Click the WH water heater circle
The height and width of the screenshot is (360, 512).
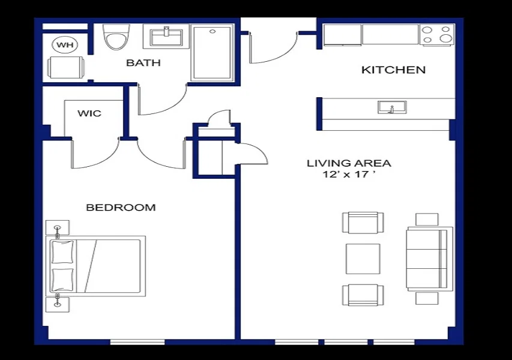65,45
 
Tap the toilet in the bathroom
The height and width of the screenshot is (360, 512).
116,37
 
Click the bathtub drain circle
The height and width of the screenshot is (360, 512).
212,32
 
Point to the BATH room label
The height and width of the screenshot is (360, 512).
143,62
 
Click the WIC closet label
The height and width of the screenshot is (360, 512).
89,113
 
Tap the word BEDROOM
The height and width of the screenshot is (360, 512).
121,207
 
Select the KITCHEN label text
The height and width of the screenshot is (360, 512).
394,70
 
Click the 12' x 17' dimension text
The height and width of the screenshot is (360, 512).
348,175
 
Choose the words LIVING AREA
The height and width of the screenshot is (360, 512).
349,163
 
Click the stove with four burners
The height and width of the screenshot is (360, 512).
437,35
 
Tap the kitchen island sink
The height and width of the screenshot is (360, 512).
392,107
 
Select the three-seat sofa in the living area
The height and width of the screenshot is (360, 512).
429,259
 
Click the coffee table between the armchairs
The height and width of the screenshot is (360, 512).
363,259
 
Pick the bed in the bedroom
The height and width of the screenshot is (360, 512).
98,266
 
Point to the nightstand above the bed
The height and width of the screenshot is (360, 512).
57,228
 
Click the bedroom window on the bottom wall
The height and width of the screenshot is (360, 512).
137,342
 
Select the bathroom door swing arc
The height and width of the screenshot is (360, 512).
162,99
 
